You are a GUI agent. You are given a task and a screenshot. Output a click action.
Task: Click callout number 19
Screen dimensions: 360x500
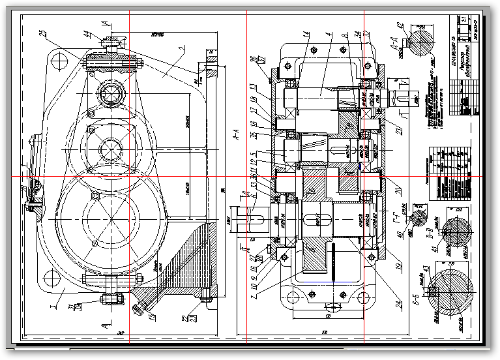tap(398, 265)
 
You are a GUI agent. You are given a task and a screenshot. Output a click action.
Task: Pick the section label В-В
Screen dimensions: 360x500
tap(430, 229)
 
